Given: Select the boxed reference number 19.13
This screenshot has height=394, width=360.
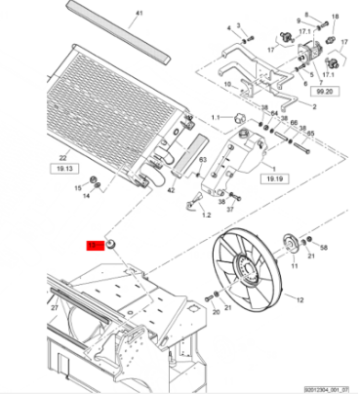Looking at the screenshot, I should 62,168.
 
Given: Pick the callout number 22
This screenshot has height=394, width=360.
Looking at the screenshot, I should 62,156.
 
